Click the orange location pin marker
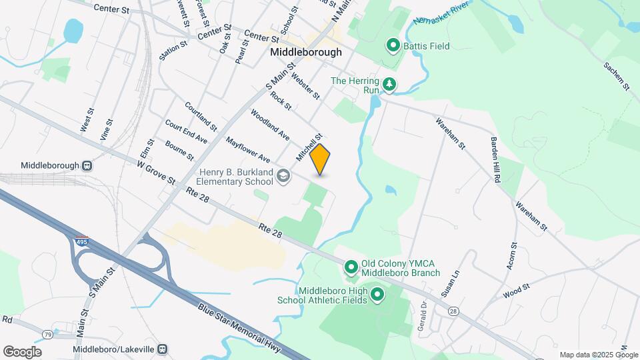point(320,159)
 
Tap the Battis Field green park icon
point(393,46)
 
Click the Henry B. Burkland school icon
point(283,176)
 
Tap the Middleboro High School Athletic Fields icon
point(377,294)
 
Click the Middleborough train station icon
point(87,165)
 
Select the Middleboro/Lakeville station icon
point(163,349)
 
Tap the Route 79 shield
point(47,333)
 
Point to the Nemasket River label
point(437,15)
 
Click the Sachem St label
point(616,76)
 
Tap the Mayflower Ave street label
point(247,150)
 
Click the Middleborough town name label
point(306,52)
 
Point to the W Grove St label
point(156,173)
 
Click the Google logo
point(22,351)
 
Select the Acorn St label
point(512,255)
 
